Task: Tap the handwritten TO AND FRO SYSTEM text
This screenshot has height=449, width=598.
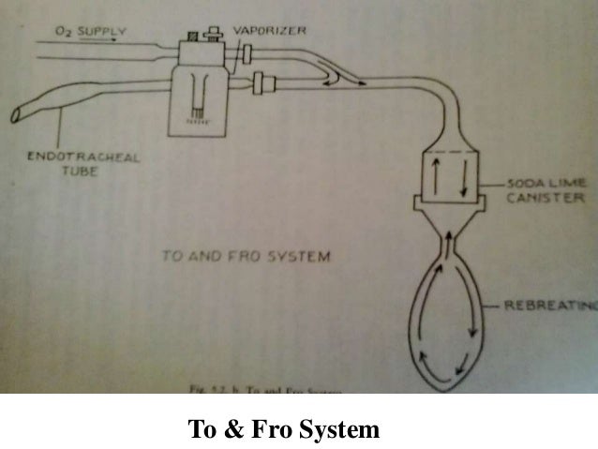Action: [x=245, y=255]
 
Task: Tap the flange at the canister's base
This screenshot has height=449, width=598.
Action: [x=450, y=202]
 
